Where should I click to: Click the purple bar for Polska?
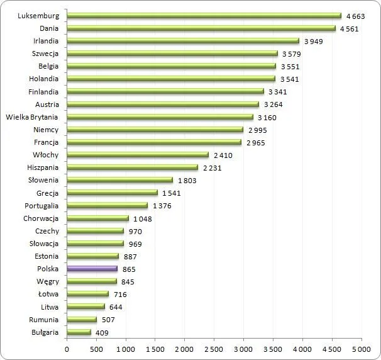92,269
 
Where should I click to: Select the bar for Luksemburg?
204,16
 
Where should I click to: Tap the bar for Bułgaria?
79,332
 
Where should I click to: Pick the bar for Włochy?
137,155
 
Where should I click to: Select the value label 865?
130,269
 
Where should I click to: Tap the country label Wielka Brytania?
31,117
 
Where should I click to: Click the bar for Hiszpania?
132,167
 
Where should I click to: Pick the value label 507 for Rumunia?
108,319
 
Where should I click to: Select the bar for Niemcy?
155,130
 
